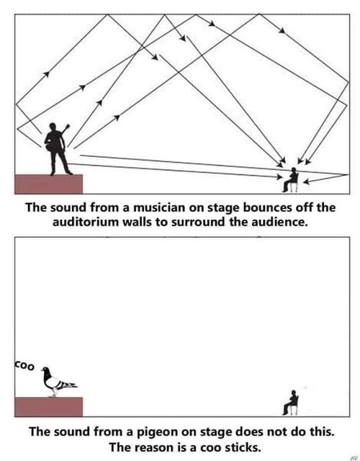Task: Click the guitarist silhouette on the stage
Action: pos(58,149)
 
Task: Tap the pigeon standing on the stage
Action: pos(58,382)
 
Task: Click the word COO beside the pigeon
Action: pos(24,365)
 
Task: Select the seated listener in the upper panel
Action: pos(291,180)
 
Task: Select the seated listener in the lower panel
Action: pos(291,403)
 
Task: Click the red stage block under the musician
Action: pos(48,184)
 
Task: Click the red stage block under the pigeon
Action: pos(48,407)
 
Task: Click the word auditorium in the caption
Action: pos(86,222)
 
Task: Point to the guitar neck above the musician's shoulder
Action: pos(66,130)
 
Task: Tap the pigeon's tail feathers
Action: pos(70,385)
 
